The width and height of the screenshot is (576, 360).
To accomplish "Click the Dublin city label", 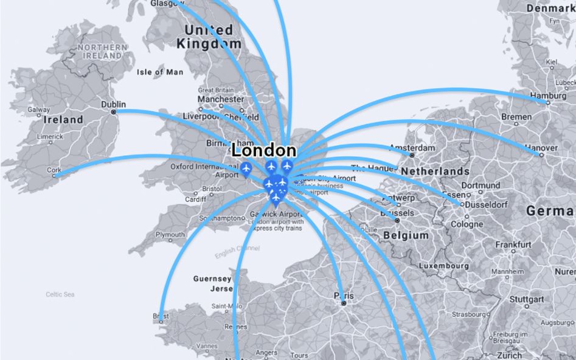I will click(113, 104).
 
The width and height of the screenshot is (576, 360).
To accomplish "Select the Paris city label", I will click(344, 296).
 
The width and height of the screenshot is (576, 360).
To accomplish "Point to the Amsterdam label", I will click(412, 148).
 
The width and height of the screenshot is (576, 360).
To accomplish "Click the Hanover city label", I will click(540, 148).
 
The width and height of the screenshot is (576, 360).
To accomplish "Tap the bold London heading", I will click(264, 150).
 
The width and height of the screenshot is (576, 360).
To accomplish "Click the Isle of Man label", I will click(160, 72).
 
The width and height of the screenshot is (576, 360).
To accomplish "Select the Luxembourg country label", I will click(443, 266).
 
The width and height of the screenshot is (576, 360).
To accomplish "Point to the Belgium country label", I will click(406, 235).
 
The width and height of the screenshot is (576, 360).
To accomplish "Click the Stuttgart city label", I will click(527, 299).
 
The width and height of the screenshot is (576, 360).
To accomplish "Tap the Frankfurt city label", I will click(513, 244).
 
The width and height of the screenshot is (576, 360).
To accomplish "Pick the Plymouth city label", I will click(170, 234).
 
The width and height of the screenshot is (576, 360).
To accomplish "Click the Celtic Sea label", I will click(60, 294).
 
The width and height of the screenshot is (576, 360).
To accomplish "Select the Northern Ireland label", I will click(102, 51).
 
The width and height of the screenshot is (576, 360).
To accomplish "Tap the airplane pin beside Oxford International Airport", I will click(246, 168).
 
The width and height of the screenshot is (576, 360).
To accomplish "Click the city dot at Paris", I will click(344, 302).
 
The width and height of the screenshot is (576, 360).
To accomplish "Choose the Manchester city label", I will click(221, 99).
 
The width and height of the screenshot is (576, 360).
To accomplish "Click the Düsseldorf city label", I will click(485, 205).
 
